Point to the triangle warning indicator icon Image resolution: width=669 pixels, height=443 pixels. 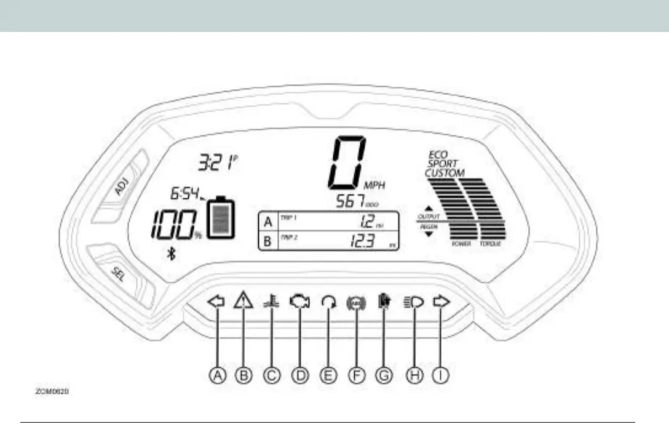(x=243, y=301)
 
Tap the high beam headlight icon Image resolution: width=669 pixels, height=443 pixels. (x=413, y=302)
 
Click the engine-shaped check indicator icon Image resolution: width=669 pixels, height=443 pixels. (x=299, y=302)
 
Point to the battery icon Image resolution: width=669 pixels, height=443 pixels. (x=221, y=217)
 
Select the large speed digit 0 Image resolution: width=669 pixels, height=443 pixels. (x=347, y=163)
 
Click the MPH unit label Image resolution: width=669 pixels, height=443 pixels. (x=377, y=185)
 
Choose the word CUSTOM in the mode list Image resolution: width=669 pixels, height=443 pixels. (x=445, y=174)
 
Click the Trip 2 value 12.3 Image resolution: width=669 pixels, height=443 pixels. (x=362, y=241)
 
